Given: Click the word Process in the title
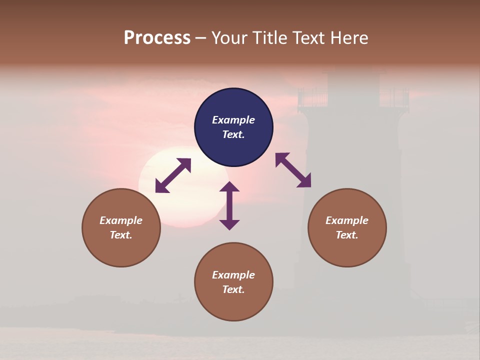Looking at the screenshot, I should click(157, 38).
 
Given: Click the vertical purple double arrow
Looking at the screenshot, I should click(229, 205).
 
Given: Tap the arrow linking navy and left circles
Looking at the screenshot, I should click(173, 175).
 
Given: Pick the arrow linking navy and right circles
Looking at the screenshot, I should click(293, 170).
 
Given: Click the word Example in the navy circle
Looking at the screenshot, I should click(233, 120).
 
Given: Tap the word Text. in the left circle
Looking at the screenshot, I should click(121, 235).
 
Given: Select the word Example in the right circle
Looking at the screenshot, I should click(347, 220).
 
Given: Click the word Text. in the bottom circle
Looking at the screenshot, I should click(233, 289).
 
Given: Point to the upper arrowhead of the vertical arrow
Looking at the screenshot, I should click(229, 187).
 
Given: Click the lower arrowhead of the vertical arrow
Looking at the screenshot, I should click(229, 224).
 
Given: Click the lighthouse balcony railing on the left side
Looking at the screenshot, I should click(312, 98).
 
